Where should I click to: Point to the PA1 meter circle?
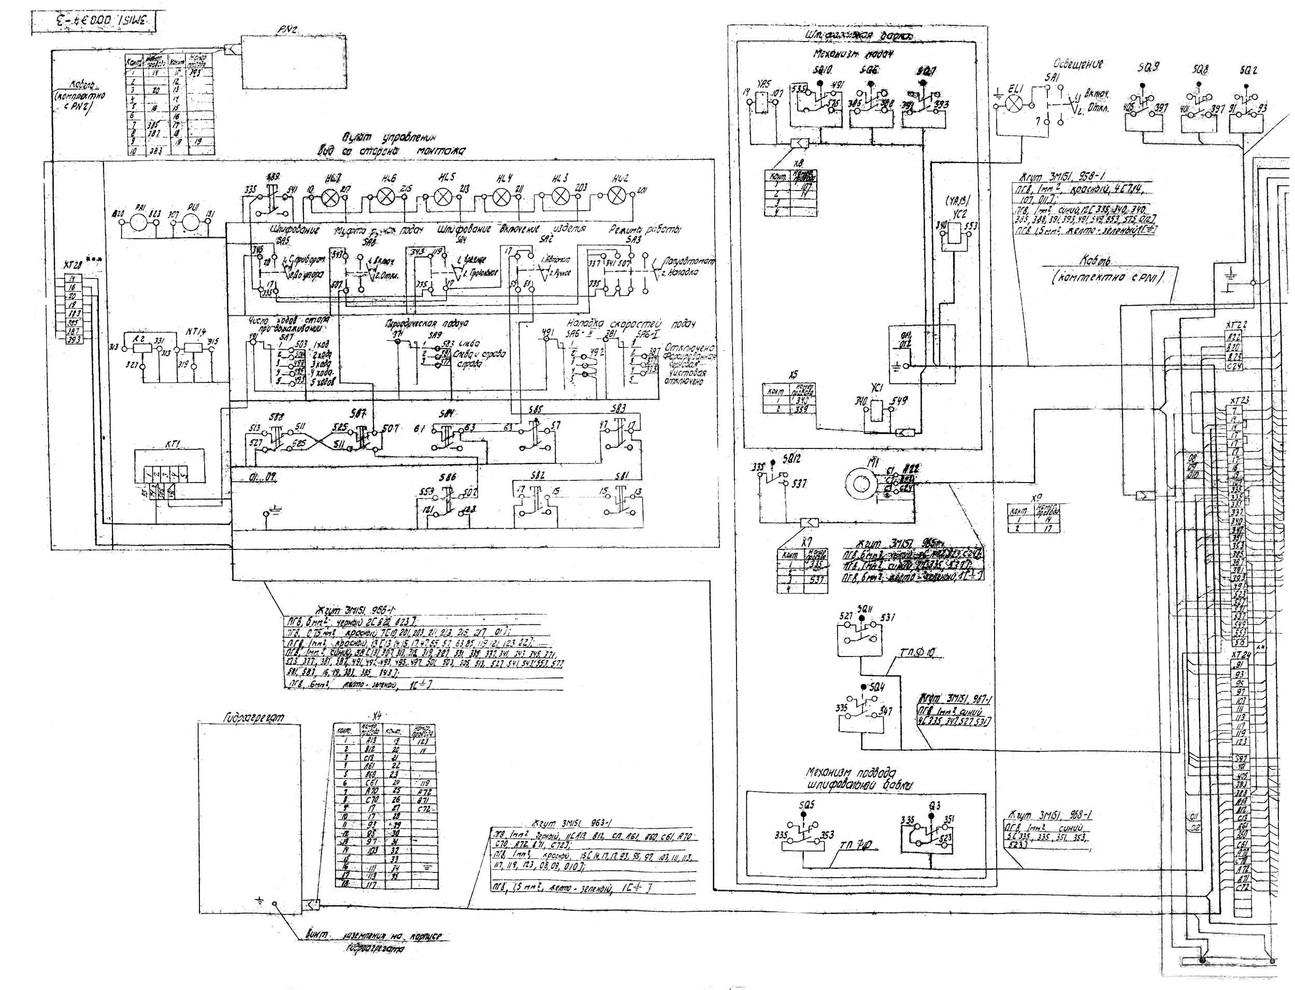point(141,224)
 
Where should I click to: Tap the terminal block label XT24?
point(1241,656)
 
